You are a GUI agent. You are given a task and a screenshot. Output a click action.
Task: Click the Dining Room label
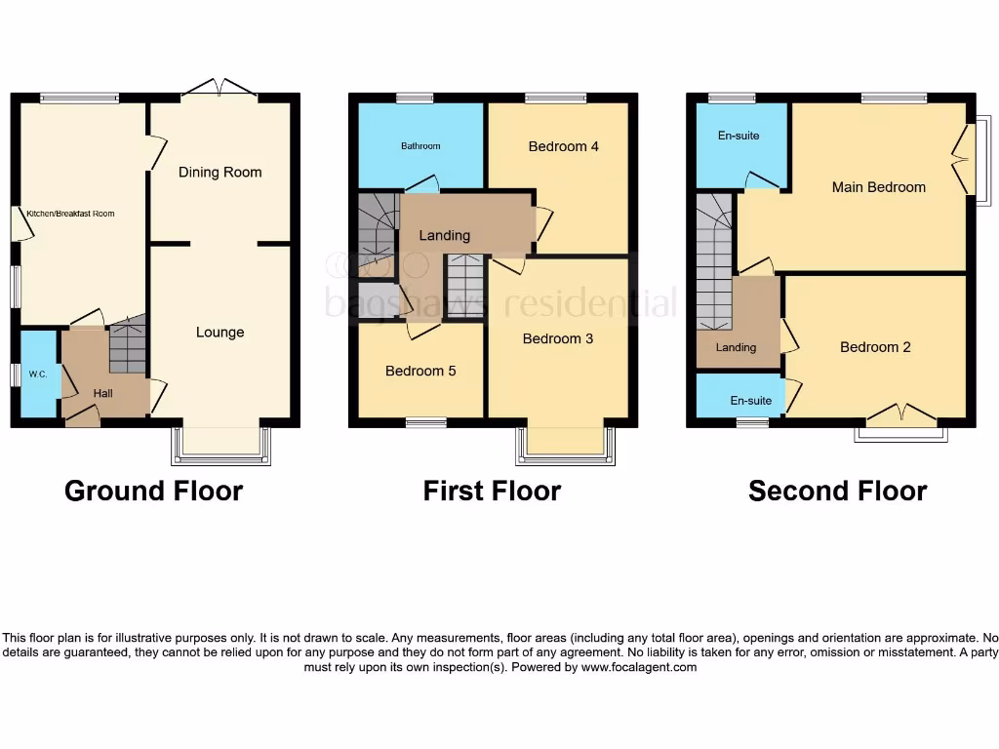point(220,173)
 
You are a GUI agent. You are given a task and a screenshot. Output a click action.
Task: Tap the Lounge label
point(220,333)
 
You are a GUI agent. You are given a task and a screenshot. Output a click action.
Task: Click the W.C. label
point(38,374)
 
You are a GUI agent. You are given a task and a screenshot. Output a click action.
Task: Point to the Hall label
point(103,393)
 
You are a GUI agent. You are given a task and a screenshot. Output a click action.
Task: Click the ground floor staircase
point(127,346)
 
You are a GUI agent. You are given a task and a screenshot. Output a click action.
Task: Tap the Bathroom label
point(420,146)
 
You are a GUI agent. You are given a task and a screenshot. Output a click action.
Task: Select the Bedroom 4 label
point(563,147)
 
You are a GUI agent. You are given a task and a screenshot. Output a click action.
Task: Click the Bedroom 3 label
point(557,339)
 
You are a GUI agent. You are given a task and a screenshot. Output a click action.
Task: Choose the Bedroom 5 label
point(420,372)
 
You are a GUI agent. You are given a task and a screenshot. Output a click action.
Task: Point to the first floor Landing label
point(444,236)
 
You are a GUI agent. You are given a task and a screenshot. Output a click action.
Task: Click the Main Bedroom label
point(878,187)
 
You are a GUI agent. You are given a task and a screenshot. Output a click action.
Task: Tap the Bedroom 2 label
point(875,347)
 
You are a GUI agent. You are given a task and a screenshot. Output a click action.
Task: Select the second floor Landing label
point(736,348)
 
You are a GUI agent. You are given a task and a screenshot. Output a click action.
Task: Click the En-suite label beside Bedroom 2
point(751,401)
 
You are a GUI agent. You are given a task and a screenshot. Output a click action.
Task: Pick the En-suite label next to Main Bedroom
point(739,136)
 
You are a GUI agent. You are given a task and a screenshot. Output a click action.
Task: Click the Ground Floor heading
point(153,491)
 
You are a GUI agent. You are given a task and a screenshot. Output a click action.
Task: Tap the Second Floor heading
point(837,491)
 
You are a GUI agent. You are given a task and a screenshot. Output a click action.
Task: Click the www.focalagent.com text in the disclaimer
point(639,668)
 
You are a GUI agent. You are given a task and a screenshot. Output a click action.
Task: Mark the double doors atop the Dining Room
point(220,89)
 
